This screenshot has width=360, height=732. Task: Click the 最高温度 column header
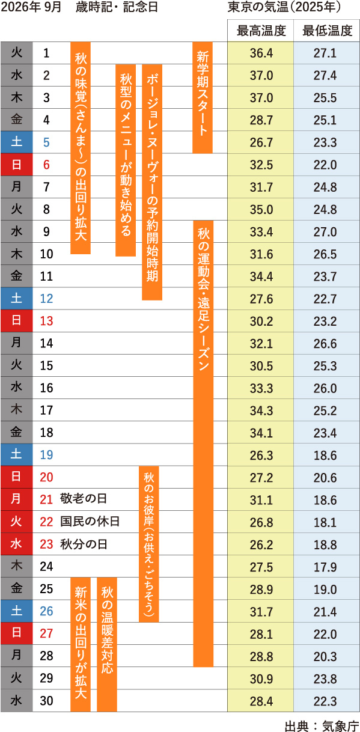pyautogui.click(x=261, y=31)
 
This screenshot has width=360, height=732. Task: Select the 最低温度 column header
pyautogui.click(x=327, y=31)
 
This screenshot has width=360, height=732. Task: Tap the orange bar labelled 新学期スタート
pyautogui.click(x=202, y=97)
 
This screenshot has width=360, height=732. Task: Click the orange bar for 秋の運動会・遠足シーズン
pyautogui.click(x=203, y=444)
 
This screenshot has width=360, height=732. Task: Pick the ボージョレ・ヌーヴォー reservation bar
pyautogui.click(x=152, y=182)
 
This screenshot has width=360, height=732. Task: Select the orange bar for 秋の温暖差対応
pyautogui.click(x=107, y=644)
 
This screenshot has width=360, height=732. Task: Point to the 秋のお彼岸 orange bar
pyautogui.click(x=149, y=544)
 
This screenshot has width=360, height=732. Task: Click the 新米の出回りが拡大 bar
pyautogui.click(x=81, y=644)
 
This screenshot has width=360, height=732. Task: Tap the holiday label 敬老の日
pyautogui.click(x=84, y=499)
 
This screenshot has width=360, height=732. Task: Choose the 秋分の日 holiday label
pyautogui.click(x=84, y=544)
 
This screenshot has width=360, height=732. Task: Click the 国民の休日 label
pyautogui.click(x=90, y=521)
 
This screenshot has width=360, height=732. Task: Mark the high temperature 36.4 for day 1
pyautogui.click(x=261, y=53)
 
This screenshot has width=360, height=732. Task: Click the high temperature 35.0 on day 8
pyautogui.click(x=261, y=210)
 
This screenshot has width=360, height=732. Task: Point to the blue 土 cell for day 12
pyautogui.click(x=16, y=298)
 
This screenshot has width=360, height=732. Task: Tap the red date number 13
pyautogui.click(x=46, y=321)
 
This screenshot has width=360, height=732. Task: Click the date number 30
pyautogui.click(x=46, y=701)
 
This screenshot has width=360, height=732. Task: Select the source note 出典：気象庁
pyautogui.click(x=322, y=726)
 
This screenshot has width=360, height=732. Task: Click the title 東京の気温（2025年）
pyautogui.click(x=284, y=7)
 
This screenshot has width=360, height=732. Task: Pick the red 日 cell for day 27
pyautogui.click(x=16, y=633)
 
